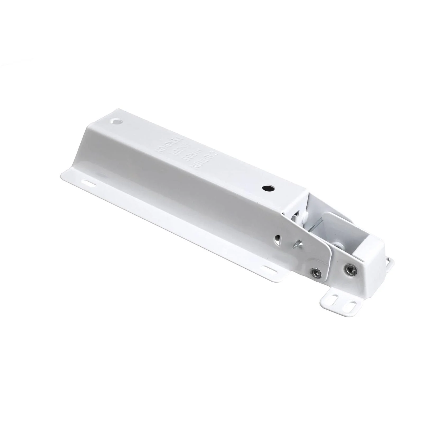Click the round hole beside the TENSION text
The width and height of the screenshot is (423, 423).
click(x=116, y=122)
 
